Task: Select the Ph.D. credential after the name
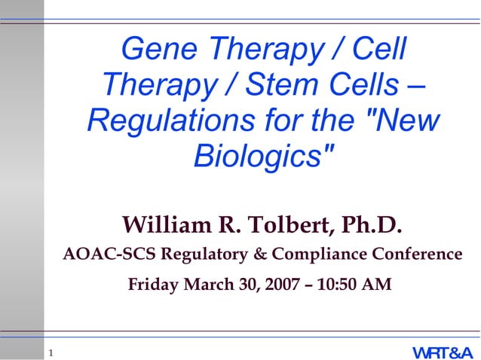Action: (x=372, y=225)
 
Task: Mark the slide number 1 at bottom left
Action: (x=50, y=352)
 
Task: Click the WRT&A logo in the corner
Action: (x=442, y=352)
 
